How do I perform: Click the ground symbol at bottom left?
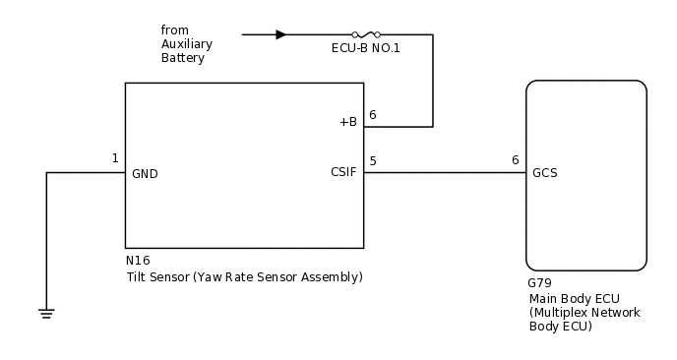(46, 313)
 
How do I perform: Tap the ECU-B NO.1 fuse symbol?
(366, 34)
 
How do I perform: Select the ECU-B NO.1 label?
(366, 47)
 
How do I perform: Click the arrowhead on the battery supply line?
(280, 34)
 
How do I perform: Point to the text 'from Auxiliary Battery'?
(186, 44)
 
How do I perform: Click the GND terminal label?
(145, 174)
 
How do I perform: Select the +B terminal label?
(347, 122)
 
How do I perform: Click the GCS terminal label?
(544, 173)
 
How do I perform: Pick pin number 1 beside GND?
(115, 158)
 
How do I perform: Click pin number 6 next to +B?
(372, 115)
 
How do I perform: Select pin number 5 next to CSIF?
(372, 160)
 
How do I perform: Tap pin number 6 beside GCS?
(515, 160)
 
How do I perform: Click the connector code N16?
(138, 262)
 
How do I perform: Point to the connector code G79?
(540, 283)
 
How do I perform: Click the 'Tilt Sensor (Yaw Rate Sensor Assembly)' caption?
(244, 277)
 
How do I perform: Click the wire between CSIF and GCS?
(443, 173)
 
